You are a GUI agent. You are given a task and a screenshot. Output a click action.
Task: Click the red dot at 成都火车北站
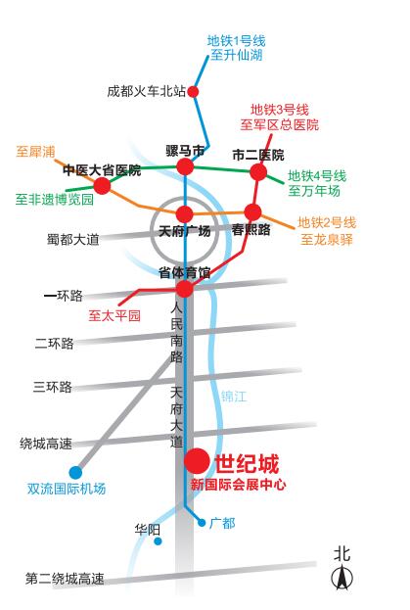(193, 92)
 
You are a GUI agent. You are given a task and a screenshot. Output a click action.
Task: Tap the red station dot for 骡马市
(185, 167)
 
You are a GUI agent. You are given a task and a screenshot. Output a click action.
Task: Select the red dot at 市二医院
(258, 172)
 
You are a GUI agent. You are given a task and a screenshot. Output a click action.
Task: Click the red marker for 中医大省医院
(102, 186)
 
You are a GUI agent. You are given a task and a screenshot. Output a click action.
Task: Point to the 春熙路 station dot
(252, 212)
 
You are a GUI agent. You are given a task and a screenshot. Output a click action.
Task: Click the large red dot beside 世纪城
(197, 461)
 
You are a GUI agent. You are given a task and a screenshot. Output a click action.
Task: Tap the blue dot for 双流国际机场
(75, 472)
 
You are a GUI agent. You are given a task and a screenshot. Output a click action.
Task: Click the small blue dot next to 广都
(202, 523)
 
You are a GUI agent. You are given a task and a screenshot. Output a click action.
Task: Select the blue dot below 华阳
(158, 541)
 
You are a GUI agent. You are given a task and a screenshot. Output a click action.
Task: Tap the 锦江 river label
(234, 397)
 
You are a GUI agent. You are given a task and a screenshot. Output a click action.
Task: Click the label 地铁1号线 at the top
(236, 40)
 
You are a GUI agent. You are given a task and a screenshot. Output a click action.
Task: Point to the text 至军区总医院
(280, 125)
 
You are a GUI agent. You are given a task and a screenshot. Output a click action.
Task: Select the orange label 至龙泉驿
(327, 239)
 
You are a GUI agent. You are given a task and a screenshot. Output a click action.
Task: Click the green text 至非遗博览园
(55, 199)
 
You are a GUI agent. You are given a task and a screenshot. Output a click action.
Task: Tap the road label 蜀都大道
(73, 239)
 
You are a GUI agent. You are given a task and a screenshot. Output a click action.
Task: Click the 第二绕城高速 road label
(65, 579)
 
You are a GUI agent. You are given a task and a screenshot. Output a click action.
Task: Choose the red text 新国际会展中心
(238, 485)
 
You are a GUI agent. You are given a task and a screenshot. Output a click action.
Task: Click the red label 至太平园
(114, 315)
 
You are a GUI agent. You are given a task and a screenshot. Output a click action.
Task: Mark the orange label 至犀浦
(36, 152)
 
